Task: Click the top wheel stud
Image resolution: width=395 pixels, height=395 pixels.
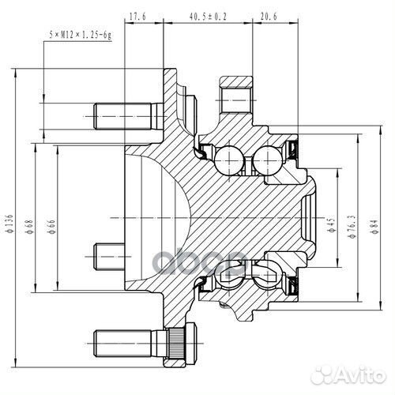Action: click(122, 116)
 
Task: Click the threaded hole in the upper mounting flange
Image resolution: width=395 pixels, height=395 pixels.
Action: click(235, 100)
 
